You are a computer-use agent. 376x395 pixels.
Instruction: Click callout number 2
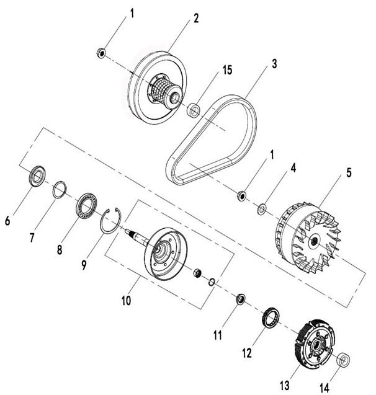coord(195,18)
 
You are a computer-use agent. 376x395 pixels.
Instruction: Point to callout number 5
coord(348,172)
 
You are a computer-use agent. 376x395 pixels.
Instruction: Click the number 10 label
coord(126,301)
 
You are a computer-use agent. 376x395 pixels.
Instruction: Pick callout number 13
coord(284,386)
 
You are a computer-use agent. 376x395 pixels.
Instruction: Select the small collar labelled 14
coord(341,360)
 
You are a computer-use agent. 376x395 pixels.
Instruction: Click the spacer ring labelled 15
coord(194,110)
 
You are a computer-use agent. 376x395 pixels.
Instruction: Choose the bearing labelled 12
coord(270,318)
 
